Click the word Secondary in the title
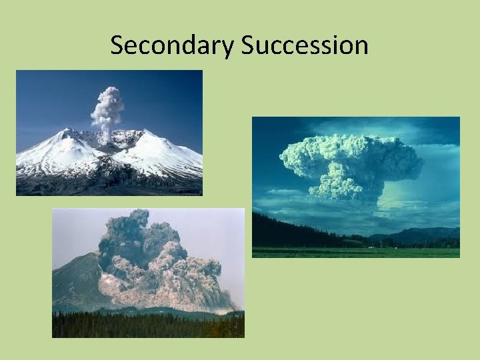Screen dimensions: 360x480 click(x=173, y=45)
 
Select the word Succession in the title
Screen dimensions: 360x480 click(x=305, y=45)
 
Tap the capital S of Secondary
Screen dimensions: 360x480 click(x=117, y=45)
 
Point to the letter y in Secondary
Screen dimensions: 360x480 click(x=229, y=48)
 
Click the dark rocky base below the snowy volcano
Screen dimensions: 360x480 click(x=107, y=183)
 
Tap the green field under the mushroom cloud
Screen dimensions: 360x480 click(x=353, y=252)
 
